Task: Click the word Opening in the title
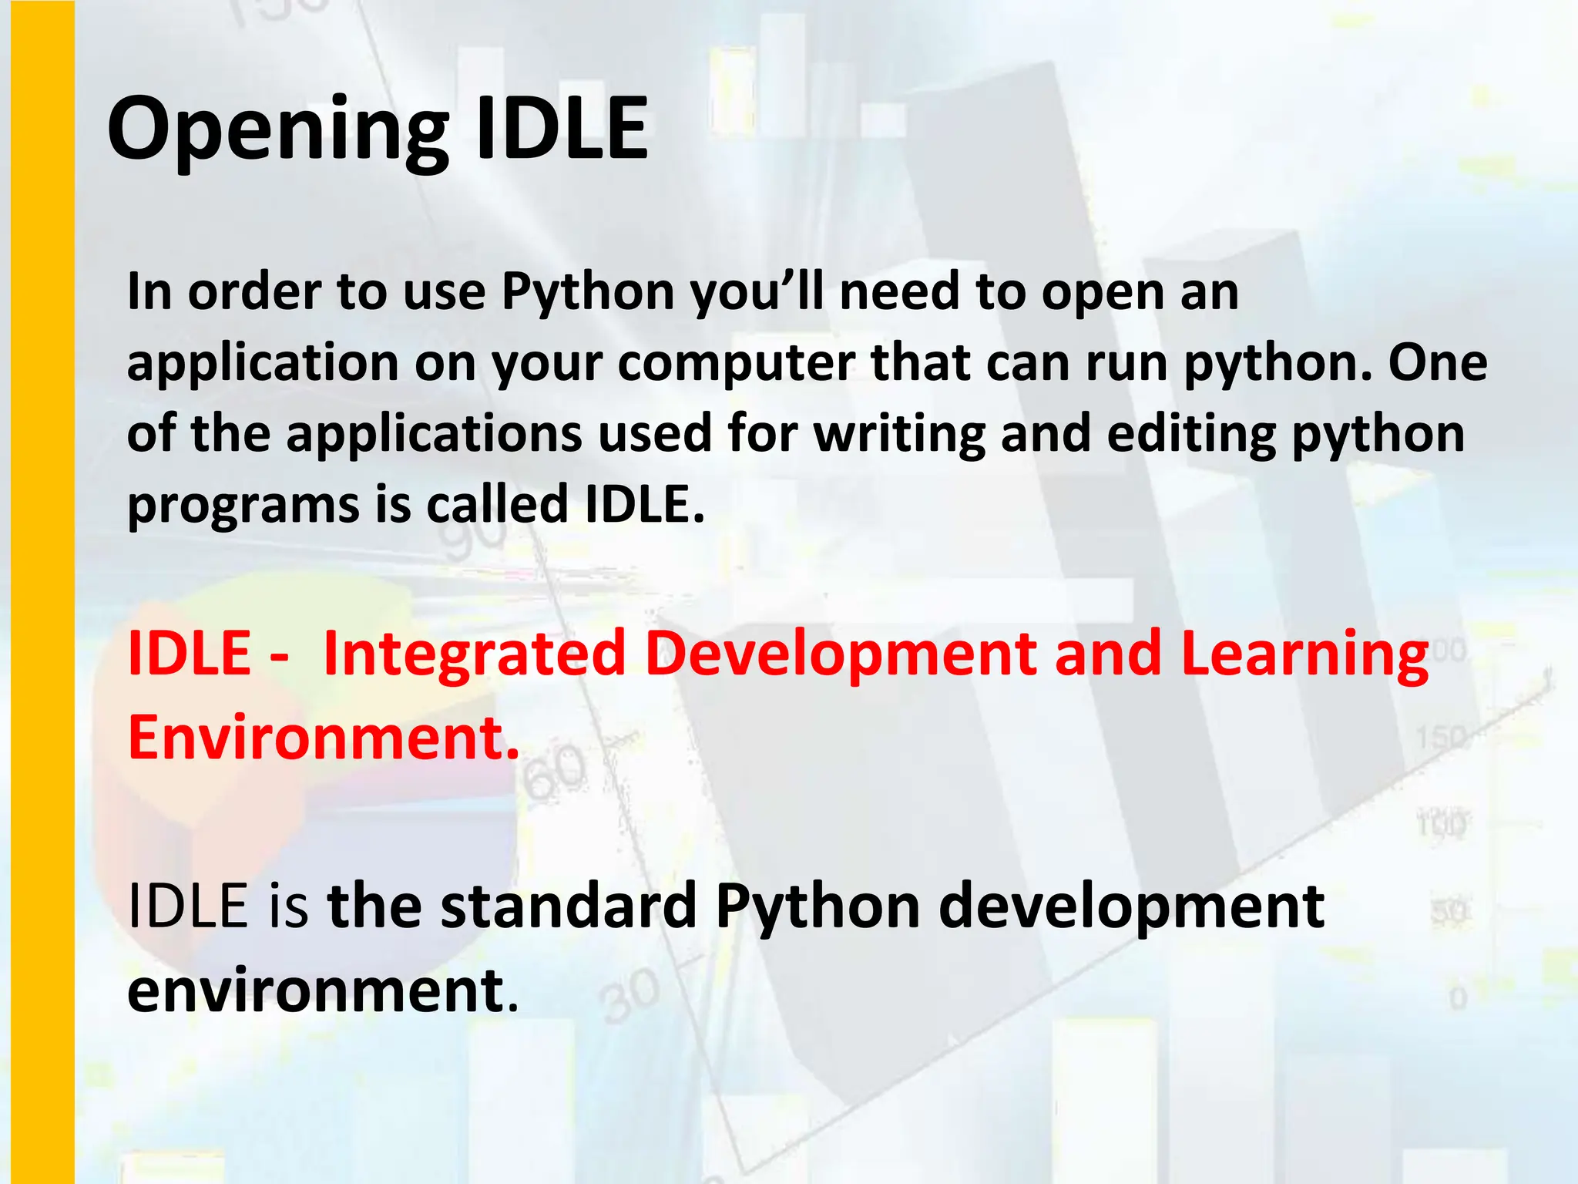(x=277, y=129)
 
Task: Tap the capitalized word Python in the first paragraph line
(x=589, y=293)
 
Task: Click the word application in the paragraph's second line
(x=263, y=364)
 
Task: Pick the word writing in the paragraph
(x=898, y=435)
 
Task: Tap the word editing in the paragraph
(x=1191, y=435)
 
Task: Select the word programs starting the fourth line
(x=243, y=506)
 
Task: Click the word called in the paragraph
(x=497, y=504)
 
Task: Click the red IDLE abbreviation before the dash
(x=190, y=654)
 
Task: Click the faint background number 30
(x=631, y=996)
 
